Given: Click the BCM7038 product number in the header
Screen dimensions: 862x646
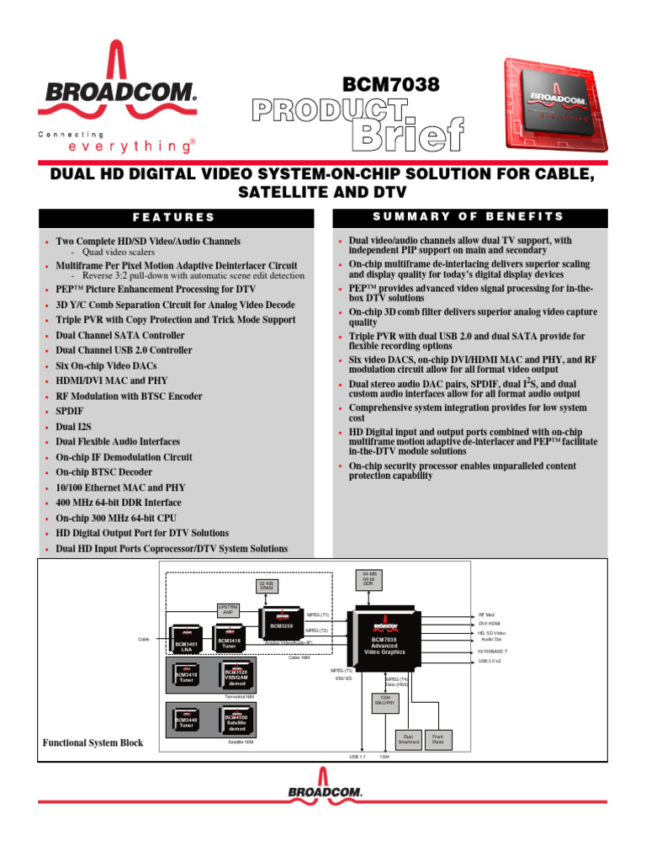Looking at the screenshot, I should click(x=392, y=85).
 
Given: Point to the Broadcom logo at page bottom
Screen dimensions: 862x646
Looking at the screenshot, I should click(x=325, y=792).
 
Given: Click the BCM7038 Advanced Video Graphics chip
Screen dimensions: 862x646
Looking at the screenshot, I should click(x=384, y=641).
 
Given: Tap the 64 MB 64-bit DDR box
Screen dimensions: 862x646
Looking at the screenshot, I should click(x=368, y=580).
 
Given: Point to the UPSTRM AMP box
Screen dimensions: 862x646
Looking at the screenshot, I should click(x=229, y=609).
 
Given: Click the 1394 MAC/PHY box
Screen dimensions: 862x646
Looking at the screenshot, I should click(x=384, y=700).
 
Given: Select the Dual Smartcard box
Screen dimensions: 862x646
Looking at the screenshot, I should click(x=406, y=739).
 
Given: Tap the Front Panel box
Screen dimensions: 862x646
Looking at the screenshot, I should click(x=437, y=739).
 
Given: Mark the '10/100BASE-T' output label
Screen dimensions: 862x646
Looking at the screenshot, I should click(x=495, y=651).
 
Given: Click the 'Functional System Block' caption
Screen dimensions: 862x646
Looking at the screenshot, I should click(x=93, y=743).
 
